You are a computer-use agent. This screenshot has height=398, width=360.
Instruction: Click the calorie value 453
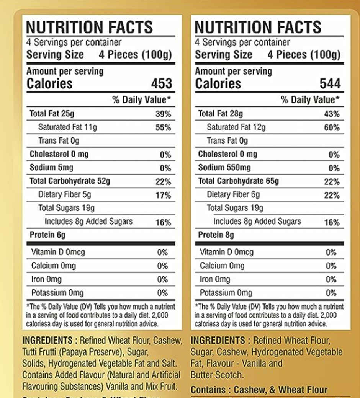coord(162,84)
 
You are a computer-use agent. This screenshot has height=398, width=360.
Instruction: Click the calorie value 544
coord(330,84)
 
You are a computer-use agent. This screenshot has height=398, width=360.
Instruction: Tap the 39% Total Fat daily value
coord(163,114)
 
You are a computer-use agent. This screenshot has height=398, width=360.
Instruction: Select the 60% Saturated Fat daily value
coord(332,127)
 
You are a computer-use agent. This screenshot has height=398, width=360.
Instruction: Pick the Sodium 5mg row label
coord(51,168)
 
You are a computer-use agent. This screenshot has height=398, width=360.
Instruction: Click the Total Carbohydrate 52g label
coord(70,181)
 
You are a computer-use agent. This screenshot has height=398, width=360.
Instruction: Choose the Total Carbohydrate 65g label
coord(238,181)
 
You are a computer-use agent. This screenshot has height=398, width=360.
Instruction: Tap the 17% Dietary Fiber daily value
coord(163,196)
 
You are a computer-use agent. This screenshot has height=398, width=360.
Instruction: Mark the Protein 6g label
coord(47,235)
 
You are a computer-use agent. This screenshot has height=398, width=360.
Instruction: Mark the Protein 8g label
coord(216,235)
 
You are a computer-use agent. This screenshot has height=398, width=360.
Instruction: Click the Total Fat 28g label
coord(220,114)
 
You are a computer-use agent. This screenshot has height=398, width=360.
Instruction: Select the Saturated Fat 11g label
coord(67,127)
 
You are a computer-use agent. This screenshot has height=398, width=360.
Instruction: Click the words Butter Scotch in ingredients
coord(216,375)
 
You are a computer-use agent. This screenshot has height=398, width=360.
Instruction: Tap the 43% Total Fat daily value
coord(332,114)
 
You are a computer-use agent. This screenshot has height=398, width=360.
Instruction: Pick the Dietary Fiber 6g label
coord(233,195)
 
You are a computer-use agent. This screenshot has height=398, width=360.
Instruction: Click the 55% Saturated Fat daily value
coord(163,127)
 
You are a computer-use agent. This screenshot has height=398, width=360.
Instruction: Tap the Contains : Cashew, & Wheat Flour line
coord(259,390)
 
